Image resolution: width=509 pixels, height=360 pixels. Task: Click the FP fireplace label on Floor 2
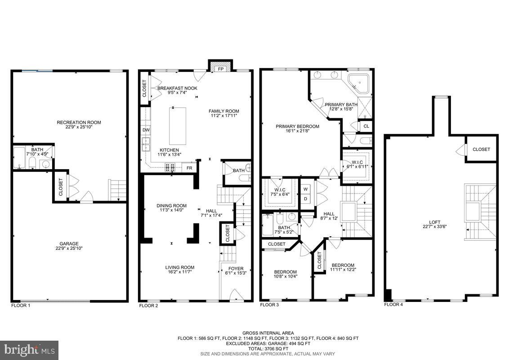[x=221, y=69]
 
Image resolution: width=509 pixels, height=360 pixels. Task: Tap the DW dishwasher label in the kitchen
[x=146, y=130]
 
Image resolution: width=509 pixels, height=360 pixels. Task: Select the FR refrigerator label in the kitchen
[x=189, y=168]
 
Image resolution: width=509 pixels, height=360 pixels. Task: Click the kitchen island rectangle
[x=178, y=125]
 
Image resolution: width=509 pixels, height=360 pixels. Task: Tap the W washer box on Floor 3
[x=305, y=189]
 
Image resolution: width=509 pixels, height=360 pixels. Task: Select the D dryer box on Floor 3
[x=305, y=198]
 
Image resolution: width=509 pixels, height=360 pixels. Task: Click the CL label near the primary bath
[x=366, y=126]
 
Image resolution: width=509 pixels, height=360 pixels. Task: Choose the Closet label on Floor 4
[x=481, y=149]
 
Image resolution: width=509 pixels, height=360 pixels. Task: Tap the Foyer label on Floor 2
[x=236, y=268]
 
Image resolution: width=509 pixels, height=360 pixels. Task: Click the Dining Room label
[x=171, y=206]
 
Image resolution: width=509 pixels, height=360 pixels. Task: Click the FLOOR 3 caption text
[x=270, y=305]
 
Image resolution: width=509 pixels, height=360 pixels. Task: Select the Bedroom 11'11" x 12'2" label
[x=343, y=265]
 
